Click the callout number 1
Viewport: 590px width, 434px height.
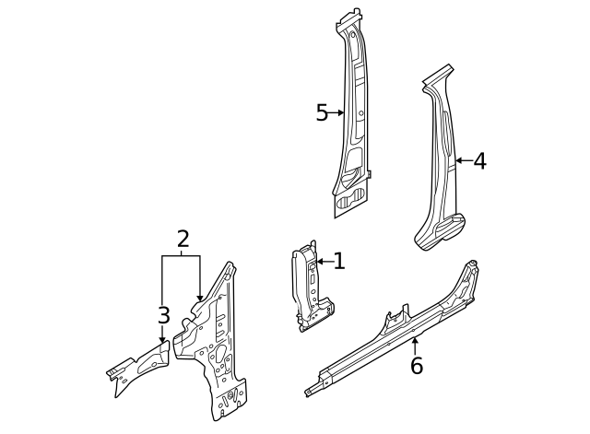[339, 261]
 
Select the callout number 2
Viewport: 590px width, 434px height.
[183, 240]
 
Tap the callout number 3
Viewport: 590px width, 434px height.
[163, 316]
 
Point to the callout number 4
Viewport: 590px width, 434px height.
[478, 161]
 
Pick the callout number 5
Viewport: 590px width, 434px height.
[322, 113]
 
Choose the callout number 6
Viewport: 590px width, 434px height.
[416, 366]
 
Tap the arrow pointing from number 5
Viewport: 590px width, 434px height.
[337, 113]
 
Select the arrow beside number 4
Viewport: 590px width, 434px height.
[462, 161]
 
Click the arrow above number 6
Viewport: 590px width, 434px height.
[415, 346]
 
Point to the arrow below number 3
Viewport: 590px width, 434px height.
[163, 335]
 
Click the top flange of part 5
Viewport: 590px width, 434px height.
[351, 19]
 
